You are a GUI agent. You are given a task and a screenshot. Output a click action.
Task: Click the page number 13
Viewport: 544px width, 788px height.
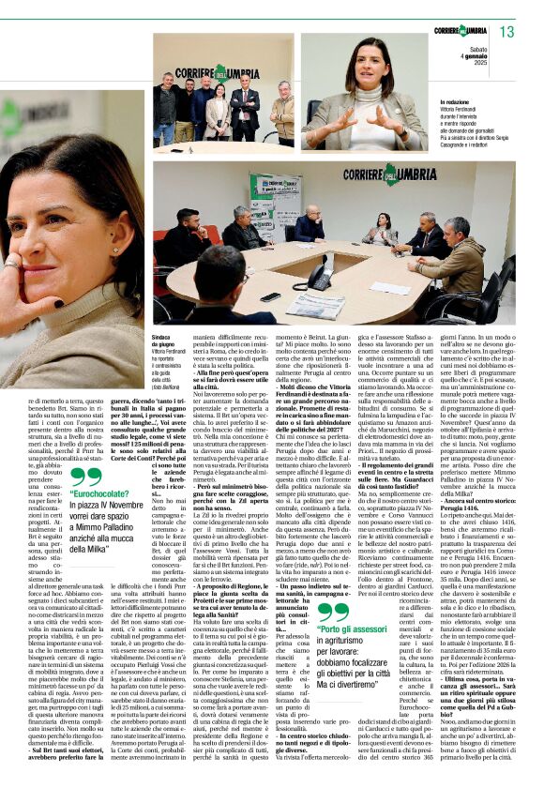[506, 32]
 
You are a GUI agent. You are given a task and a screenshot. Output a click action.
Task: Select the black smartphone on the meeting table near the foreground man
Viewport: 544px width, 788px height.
[270, 296]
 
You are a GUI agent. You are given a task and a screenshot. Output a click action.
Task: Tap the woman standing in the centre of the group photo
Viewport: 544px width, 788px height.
[219, 111]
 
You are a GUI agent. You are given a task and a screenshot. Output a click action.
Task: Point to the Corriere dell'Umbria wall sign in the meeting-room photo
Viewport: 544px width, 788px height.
[389, 174]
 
